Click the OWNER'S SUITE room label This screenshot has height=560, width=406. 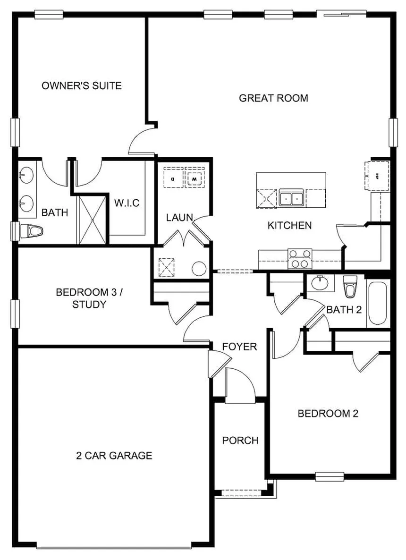(82, 85)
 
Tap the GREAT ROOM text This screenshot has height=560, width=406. (273, 98)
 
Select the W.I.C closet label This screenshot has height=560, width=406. (127, 203)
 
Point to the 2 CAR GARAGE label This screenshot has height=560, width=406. (114, 456)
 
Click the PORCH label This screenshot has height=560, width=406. (240, 441)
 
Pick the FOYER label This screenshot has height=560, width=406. (240, 347)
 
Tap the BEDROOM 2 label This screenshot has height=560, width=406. (328, 414)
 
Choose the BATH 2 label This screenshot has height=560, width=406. (344, 310)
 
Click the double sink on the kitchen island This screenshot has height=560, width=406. (290, 198)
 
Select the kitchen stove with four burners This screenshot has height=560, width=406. (300, 259)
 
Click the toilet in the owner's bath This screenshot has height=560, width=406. (32, 231)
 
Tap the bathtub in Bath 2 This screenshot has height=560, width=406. (377, 303)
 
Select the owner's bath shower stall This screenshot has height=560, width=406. (93, 220)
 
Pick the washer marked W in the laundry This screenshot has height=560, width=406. (194, 178)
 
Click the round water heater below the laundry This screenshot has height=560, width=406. (199, 269)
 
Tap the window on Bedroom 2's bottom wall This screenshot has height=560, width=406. (330, 476)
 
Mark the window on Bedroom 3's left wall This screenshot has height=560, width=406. (16, 314)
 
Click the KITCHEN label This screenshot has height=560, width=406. (290, 226)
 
